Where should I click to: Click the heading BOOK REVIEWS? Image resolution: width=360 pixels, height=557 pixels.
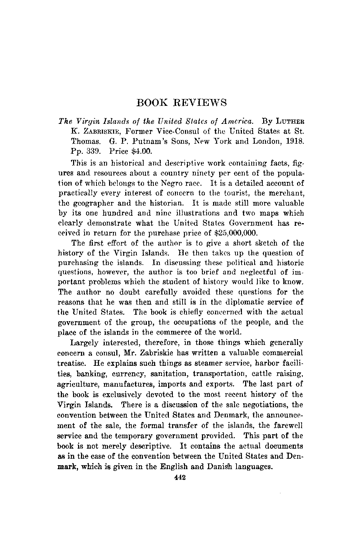pyautogui.click(x=182, y=103)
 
